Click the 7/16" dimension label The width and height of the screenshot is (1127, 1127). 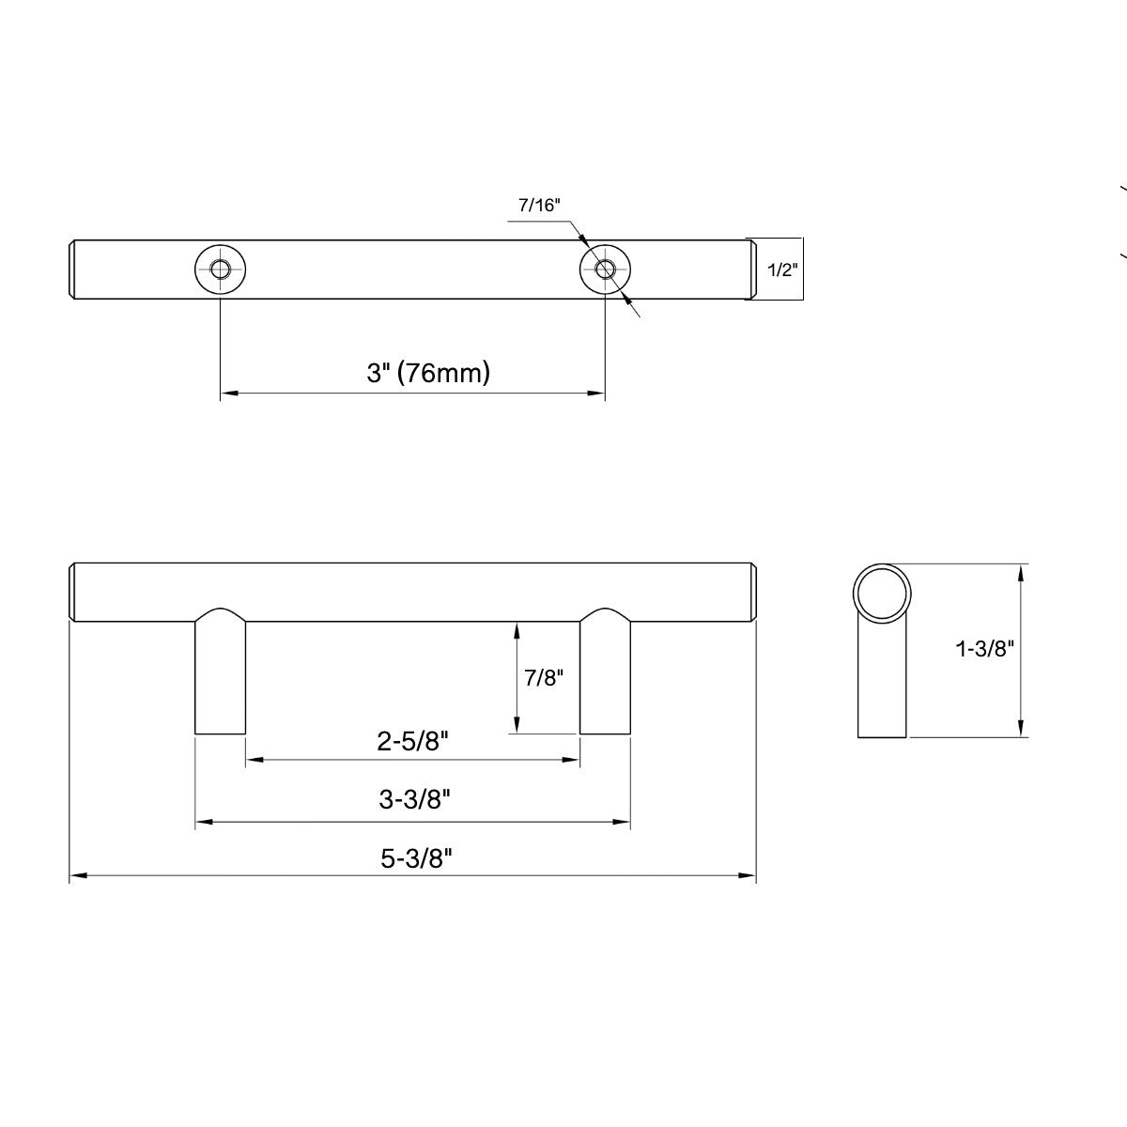click(x=538, y=206)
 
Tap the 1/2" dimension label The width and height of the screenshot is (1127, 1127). click(x=782, y=270)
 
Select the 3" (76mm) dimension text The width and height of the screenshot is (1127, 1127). click(x=428, y=373)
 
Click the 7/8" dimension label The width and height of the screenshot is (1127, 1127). click(x=544, y=677)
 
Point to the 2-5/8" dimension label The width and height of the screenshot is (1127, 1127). click(x=413, y=742)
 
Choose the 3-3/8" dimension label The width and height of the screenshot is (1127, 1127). click(x=414, y=800)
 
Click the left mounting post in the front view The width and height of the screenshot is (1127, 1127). click(x=221, y=676)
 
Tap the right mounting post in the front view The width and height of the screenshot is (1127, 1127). click(x=605, y=676)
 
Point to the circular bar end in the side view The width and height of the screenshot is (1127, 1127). click(x=882, y=593)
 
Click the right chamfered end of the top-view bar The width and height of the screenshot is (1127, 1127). click(x=751, y=270)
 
